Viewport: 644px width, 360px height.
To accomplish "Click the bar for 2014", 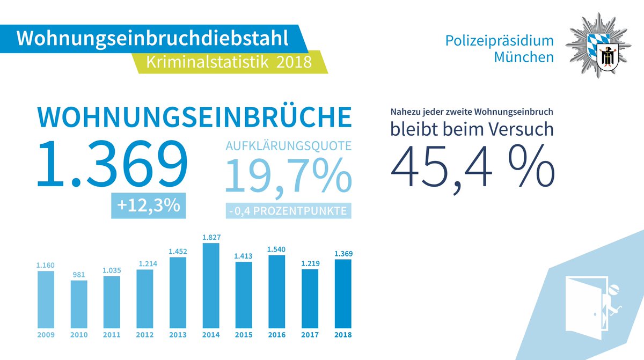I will (x=210, y=285).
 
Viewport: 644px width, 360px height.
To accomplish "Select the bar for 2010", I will (x=79, y=304).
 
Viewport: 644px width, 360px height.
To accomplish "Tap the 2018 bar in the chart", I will (x=342, y=293).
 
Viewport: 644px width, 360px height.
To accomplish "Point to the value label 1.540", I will (x=277, y=249).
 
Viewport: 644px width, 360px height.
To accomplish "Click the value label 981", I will (x=79, y=274).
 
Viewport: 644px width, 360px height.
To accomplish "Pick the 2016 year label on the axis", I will (x=277, y=335).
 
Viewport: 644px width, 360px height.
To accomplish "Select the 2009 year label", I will (x=46, y=335).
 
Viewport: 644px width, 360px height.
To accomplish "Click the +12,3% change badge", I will (x=148, y=205).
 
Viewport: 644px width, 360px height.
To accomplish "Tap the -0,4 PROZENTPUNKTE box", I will (x=287, y=211).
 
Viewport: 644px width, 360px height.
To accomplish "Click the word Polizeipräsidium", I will (x=499, y=41).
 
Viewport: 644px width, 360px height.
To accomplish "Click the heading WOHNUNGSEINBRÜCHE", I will (x=194, y=117).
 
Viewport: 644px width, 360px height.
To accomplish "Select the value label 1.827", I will (x=210, y=237).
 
